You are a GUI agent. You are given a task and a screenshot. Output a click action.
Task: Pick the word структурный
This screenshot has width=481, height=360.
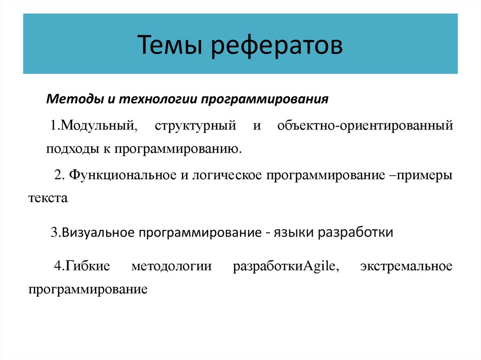[194, 126]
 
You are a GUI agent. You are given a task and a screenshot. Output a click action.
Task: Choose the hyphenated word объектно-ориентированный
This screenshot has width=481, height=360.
[365, 126]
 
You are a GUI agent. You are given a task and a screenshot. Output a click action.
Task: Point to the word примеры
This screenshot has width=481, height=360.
[425, 175]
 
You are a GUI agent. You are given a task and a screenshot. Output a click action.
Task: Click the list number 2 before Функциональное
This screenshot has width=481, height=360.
[58, 175]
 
